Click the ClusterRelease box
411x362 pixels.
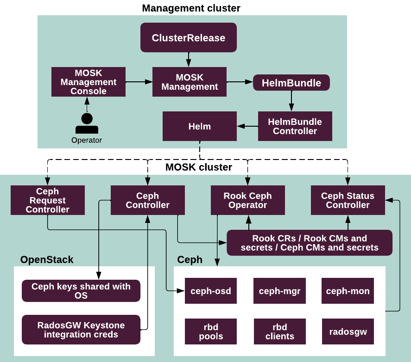tap(189, 38)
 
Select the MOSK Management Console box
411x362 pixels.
tap(89, 82)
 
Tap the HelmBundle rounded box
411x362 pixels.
tap(291, 83)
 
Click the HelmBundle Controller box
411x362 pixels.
tap(295, 126)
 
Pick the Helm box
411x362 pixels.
tap(200, 126)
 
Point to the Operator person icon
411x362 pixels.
tap(87, 123)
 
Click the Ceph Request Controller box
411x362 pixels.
tap(48, 200)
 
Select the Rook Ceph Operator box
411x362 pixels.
tap(248, 200)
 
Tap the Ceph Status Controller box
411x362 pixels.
tap(348, 200)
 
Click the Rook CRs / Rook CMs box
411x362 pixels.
tap(310, 243)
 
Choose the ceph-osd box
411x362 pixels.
tap(211, 291)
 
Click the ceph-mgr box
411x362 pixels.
tap(280, 291)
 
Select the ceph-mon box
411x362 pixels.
tap(348, 291)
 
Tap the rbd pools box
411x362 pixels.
tap(211, 331)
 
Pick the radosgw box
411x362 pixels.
tap(348, 331)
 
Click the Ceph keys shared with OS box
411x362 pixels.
tap(81, 291)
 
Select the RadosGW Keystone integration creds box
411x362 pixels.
tap(81, 330)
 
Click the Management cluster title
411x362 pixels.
tap(191, 8)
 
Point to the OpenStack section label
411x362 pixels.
tap(47, 260)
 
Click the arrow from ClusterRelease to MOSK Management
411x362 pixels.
tap(189, 59)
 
